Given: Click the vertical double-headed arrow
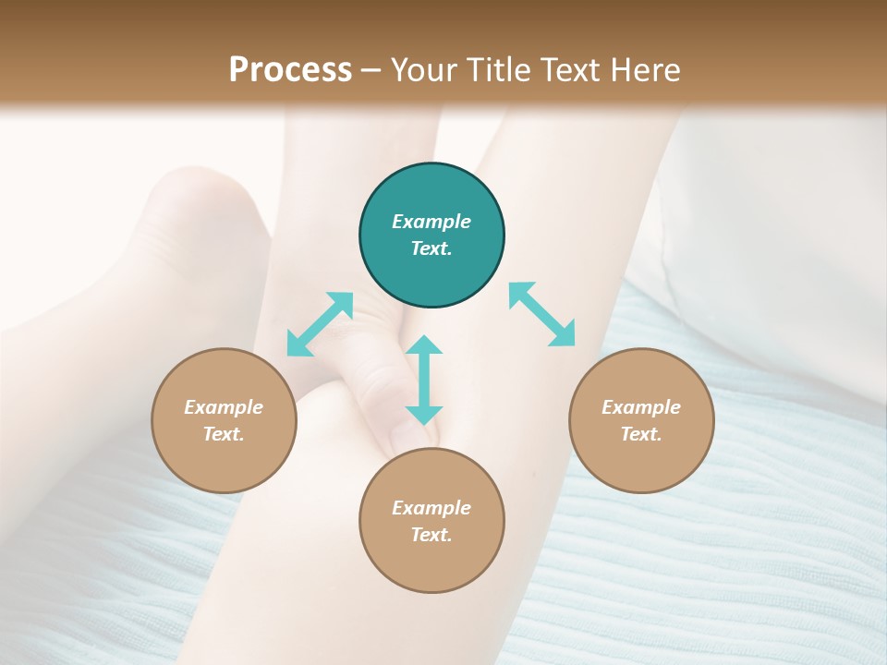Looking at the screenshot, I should click(x=424, y=380).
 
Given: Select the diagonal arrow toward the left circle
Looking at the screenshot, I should click(x=320, y=323).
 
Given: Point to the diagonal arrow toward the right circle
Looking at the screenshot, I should click(x=542, y=314).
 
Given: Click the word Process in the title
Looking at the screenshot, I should click(x=290, y=69).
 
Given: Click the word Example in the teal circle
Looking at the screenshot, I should click(x=431, y=222).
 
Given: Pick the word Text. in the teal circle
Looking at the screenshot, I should click(x=431, y=248).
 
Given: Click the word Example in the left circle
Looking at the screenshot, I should click(x=224, y=407).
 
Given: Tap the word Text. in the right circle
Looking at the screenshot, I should click(x=641, y=434).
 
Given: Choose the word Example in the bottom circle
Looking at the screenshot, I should click(x=431, y=508).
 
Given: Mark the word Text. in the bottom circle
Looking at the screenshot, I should click(x=431, y=535).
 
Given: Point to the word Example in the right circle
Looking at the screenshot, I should click(x=641, y=407).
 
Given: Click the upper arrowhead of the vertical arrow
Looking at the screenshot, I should click(x=424, y=346).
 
